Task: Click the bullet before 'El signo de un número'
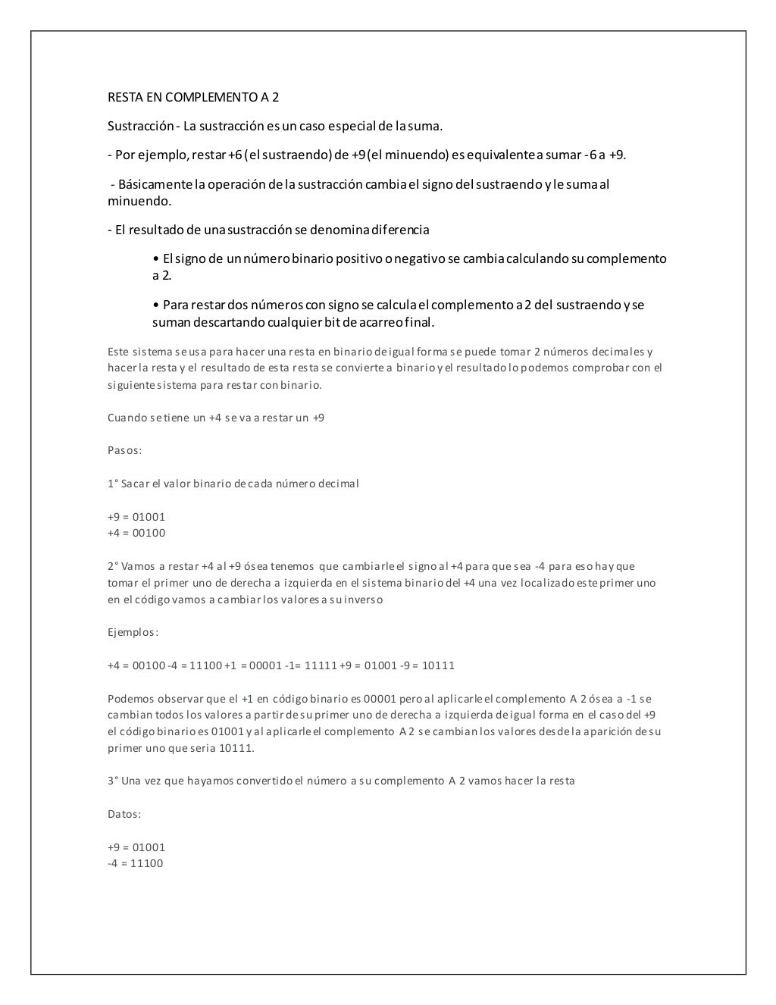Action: [x=156, y=258]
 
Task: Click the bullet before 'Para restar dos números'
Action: [x=156, y=305]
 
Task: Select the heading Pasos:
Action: [x=125, y=450]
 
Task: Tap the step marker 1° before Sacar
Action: [x=113, y=484]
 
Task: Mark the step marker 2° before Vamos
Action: [x=113, y=566]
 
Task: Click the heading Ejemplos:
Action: [x=133, y=632]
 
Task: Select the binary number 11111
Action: [x=321, y=665]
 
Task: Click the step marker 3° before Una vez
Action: [x=113, y=781]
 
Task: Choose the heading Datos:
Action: [x=124, y=814]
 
